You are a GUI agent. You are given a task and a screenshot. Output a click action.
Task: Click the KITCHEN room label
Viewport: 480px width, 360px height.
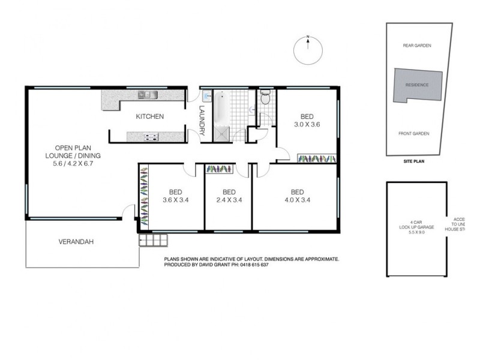tap(149, 116)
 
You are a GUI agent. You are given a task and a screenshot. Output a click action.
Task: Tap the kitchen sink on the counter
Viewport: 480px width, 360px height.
tap(147, 94)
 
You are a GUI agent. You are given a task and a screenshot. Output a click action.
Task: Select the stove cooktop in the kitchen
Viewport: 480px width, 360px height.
tap(151, 137)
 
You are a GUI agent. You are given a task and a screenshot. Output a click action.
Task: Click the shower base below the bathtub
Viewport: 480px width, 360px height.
tap(221, 134)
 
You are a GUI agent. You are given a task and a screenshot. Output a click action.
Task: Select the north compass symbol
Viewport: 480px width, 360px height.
tap(307, 47)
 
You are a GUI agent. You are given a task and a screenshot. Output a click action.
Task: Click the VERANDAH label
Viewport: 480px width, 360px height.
tap(76, 242)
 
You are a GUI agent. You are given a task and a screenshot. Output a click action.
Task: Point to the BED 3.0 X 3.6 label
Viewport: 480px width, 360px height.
tap(307, 121)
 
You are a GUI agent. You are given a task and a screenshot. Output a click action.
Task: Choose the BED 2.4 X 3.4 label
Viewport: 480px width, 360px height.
tap(228, 197)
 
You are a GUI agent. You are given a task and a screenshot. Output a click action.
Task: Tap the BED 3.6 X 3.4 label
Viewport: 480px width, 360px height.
tap(176, 197)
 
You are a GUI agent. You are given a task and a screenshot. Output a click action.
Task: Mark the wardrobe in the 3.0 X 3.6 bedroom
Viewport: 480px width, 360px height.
tap(317, 158)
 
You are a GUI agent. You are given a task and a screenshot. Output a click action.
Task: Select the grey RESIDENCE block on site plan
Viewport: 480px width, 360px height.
tap(418, 85)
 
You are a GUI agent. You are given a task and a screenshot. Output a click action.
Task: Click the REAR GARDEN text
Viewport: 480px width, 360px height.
tap(417, 46)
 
